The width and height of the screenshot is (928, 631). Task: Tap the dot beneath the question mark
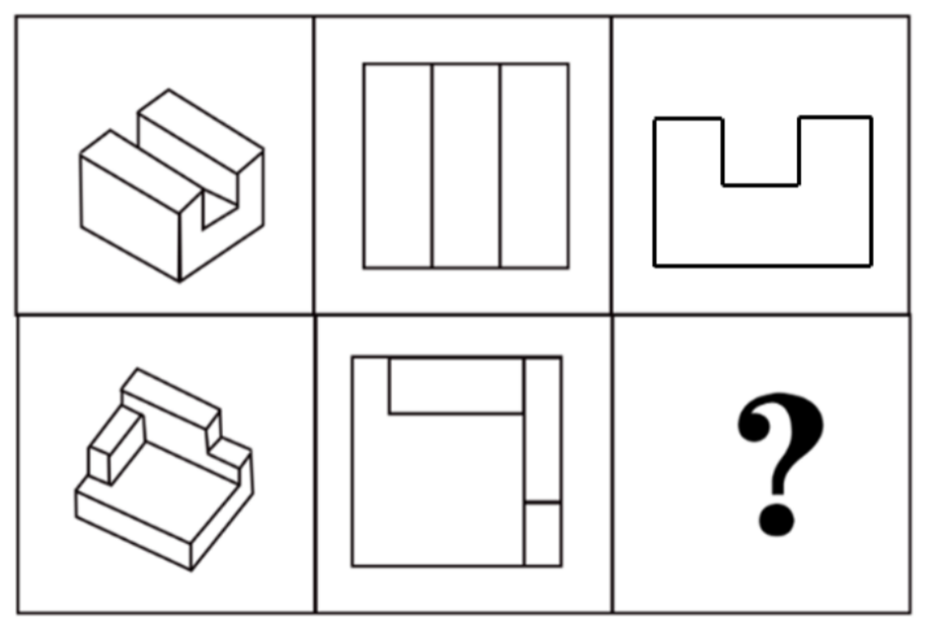776,519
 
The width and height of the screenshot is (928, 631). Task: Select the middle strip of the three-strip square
466,166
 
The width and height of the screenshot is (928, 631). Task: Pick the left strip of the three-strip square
398,166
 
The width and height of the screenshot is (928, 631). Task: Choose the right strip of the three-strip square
534,166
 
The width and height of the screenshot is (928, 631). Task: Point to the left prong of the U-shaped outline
688,152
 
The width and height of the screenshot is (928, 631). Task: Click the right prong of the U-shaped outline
835,152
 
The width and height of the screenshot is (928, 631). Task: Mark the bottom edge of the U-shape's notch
760,185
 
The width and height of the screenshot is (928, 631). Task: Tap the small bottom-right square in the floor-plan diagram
542,534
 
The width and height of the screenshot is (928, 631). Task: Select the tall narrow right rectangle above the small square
542,430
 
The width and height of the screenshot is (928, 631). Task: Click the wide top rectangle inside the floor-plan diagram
456,386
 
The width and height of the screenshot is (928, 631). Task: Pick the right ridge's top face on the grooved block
201,131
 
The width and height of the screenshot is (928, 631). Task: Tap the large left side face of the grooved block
130,217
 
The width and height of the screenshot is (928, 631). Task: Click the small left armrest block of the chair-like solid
116,445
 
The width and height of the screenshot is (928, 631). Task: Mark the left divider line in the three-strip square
432,166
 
